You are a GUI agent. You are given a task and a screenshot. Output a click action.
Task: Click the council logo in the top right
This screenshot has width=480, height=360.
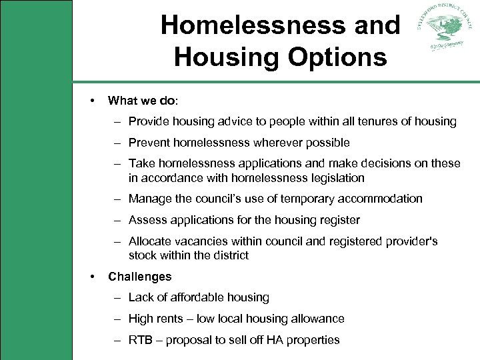click(x=444, y=31)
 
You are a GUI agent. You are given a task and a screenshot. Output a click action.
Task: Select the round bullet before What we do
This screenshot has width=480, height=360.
click(x=92, y=101)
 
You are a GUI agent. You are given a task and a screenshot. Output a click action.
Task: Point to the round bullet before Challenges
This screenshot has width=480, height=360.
click(x=92, y=276)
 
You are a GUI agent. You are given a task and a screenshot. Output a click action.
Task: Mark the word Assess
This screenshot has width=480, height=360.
click(x=146, y=220)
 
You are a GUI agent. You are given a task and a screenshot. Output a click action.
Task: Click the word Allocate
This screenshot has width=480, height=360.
click(x=150, y=241)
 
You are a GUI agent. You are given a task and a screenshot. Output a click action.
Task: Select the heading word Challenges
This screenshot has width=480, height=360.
click(x=139, y=276)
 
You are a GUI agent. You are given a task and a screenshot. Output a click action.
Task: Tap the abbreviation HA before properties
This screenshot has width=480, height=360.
click(x=275, y=340)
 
